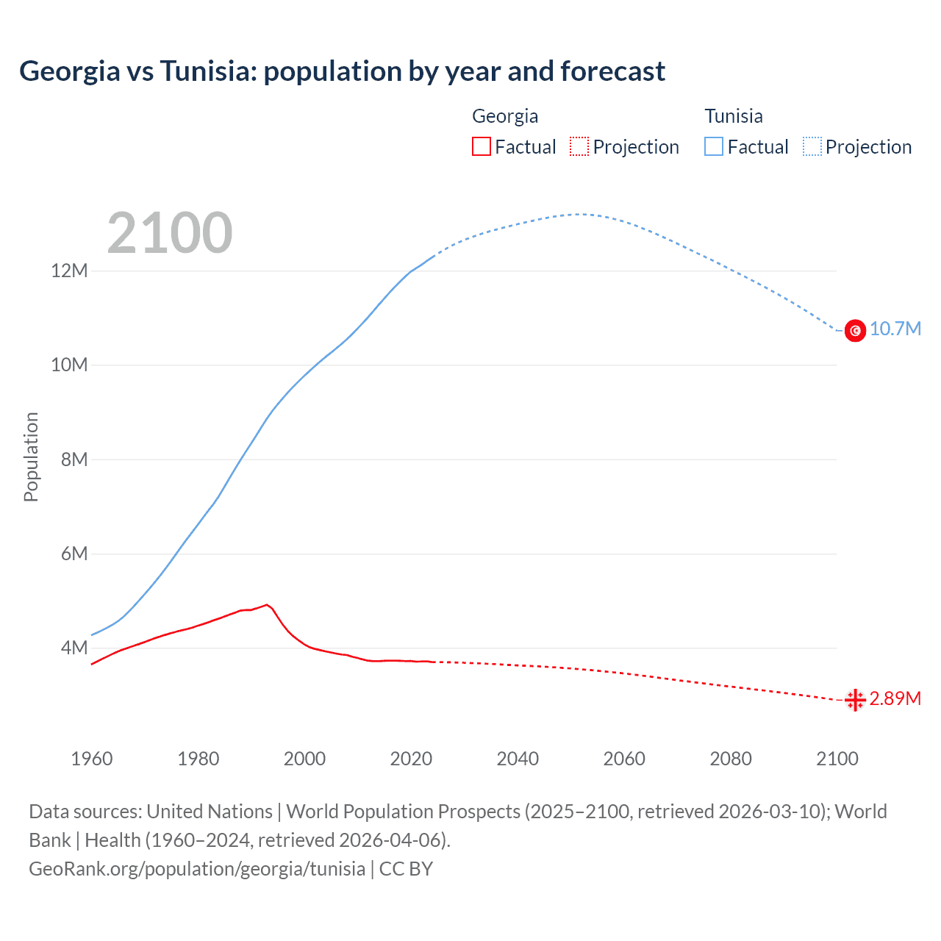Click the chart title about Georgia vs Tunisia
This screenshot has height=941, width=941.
pyautogui.click(x=342, y=71)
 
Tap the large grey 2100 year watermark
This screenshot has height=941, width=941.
pyautogui.click(x=170, y=233)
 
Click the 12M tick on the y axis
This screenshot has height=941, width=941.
pyautogui.click(x=69, y=271)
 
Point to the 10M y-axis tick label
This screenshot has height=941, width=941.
pyautogui.click(x=69, y=365)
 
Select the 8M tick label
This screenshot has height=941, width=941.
pyautogui.click(x=74, y=459)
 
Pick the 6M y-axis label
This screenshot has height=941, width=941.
pyautogui.click(x=74, y=554)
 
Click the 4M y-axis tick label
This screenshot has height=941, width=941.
pyautogui.click(x=74, y=648)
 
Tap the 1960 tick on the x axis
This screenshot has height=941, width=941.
pyautogui.click(x=92, y=759)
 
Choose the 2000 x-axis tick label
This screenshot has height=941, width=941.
pyautogui.click(x=304, y=759)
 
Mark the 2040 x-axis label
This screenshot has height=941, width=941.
pyautogui.click(x=518, y=759)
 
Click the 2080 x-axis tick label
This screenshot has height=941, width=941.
pyautogui.click(x=731, y=759)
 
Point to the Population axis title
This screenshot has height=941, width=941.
pyautogui.click(x=31, y=457)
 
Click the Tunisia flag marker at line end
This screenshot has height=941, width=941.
pyautogui.click(x=855, y=331)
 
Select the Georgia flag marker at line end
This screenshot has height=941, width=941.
pyautogui.click(x=855, y=700)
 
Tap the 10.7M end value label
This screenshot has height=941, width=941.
pyautogui.click(x=895, y=329)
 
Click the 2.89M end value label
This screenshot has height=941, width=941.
pyautogui.click(x=895, y=698)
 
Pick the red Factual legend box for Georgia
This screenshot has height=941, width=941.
pyautogui.click(x=482, y=147)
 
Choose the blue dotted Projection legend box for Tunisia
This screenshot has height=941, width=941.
pyautogui.click(x=812, y=147)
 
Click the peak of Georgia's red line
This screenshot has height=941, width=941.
pyautogui.click(x=267, y=605)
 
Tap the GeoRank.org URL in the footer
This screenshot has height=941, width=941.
pyautogui.click(x=197, y=869)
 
